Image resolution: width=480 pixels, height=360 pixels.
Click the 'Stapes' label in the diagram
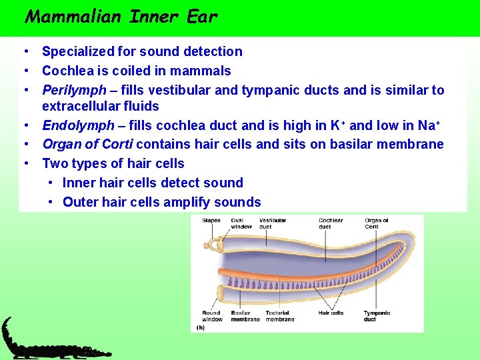pyautogui.click(x=211, y=220)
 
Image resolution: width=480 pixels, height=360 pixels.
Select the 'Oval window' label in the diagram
pyautogui.click(x=241, y=223)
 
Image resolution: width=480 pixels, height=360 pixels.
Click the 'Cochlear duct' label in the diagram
pyautogui.click(x=330, y=223)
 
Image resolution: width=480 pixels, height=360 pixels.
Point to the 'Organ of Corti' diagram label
pyautogui.click(x=376, y=223)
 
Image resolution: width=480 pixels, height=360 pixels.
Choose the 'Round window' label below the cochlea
pyautogui.click(x=212, y=316)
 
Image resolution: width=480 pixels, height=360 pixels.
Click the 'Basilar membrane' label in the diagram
pyautogui.click(x=245, y=316)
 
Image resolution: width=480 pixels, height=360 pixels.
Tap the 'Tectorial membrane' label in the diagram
pyautogui.click(x=279, y=316)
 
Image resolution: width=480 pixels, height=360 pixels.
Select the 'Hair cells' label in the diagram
pyautogui.click(x=331, y=313)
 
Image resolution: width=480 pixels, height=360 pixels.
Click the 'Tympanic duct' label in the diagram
pyautogui.click(x=377, y=316)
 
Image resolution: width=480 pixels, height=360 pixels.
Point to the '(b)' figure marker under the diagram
pyautogui.click(x=201, y=327)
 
